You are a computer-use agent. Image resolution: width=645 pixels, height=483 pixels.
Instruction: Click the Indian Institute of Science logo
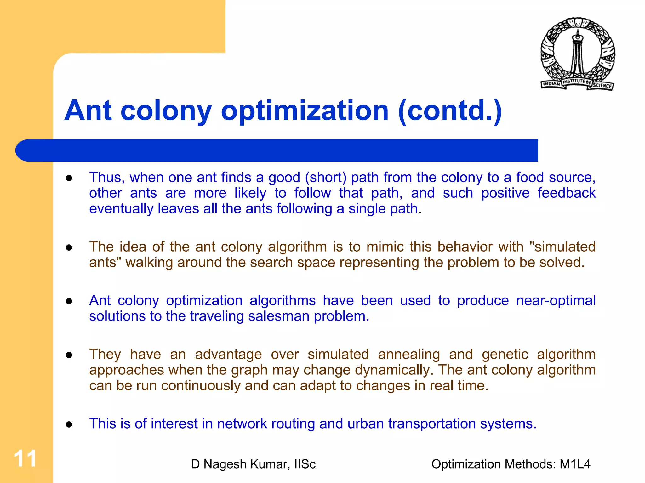coord(578,54)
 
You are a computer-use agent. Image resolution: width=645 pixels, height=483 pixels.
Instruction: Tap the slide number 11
coord(25,459)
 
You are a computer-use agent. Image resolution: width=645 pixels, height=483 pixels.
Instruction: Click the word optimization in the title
coord(305,111)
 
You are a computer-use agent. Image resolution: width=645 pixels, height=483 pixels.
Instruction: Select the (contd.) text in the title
coord(450,111)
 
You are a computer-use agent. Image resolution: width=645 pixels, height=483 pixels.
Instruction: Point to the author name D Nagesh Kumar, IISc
coord(253,464)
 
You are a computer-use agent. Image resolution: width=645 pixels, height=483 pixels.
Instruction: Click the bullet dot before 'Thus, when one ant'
coord(69,178)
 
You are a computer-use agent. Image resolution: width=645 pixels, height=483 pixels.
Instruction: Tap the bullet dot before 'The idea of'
coord(69,248)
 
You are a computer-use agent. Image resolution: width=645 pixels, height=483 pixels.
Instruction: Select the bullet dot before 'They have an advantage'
coord(69,355)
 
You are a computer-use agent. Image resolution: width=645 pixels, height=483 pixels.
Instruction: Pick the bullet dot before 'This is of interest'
coord(69,424)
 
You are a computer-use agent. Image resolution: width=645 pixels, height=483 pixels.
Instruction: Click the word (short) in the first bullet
coord(325,178)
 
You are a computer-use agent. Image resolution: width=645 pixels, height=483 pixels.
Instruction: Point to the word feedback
coord(567,193)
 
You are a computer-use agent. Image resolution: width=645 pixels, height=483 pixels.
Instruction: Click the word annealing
coord(409,354)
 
